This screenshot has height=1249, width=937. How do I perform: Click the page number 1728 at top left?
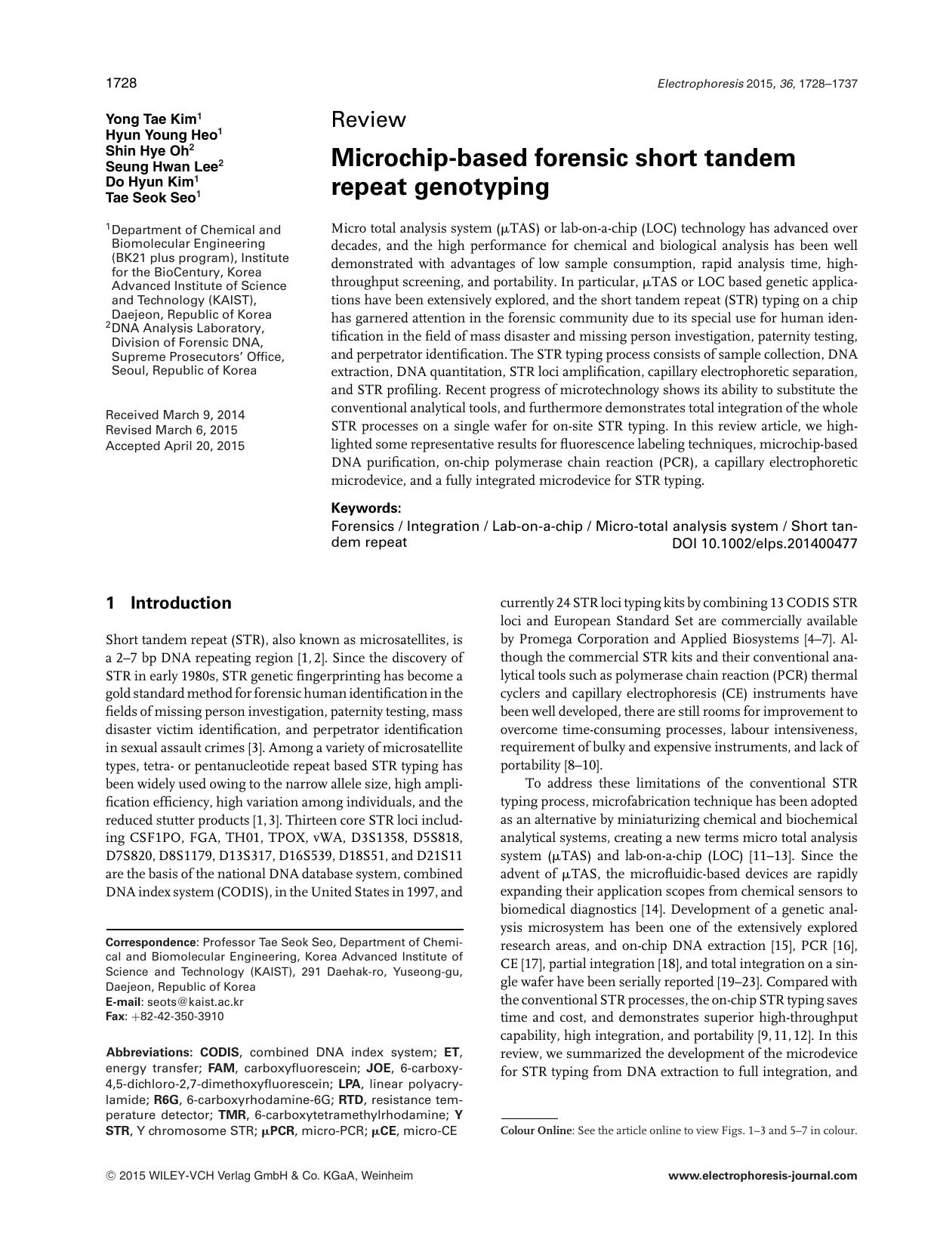[x=121, y=83]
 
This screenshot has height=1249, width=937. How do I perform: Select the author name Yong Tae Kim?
[x=151, y=119]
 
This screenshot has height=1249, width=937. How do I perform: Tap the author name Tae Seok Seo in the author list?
[x=151, y=197]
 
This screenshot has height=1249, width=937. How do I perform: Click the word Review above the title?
[x=368, y=120]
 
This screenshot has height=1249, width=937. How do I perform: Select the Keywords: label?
[x=366, y=508]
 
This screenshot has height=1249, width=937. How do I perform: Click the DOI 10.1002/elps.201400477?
[x=764, y=543]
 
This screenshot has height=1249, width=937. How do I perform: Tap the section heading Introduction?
[x=180, y=603]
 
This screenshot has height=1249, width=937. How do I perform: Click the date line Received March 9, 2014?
[x=175, y=415]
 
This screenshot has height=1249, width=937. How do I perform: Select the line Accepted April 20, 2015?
[x=175, y=446]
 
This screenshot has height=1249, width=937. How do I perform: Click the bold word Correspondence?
[x=151, y=942]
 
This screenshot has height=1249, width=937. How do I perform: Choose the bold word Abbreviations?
[x=149, y=1052]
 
